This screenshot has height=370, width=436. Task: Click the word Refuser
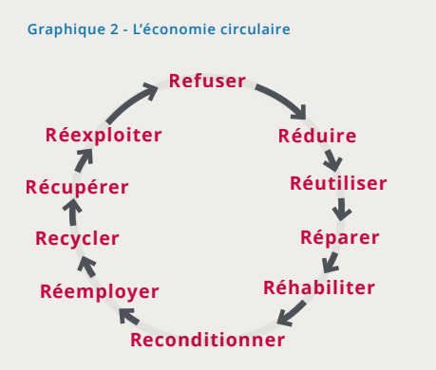coord(208,81)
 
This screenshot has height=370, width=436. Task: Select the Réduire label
coord(317,136)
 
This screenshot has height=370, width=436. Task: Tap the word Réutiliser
coord(338,183)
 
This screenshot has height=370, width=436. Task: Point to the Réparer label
coord(339,236)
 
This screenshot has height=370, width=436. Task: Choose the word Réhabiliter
coord(319,287)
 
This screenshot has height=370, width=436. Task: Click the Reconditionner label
coord(207,340)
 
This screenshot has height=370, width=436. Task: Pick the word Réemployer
coord(100,290)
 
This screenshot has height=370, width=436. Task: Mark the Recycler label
coord(77,238)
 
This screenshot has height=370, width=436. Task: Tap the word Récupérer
coord(77,186)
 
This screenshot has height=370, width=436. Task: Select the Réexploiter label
coord(104,135)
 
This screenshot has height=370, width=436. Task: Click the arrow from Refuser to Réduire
coord(283,98)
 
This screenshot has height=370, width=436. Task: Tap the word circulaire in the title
coord(253,29)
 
